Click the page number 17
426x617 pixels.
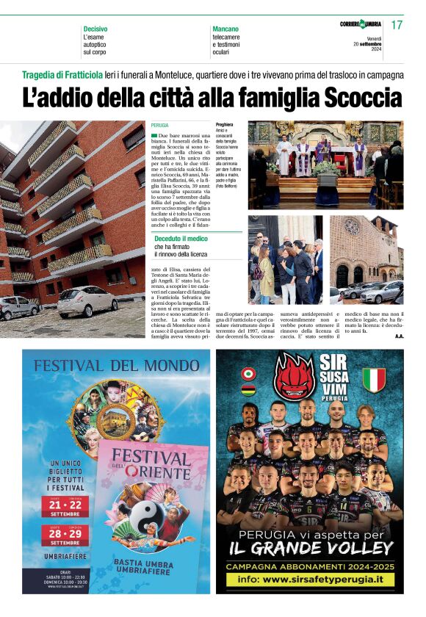[397, 25]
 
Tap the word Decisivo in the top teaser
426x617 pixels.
[95, 29]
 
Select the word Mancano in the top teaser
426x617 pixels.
[225, 29]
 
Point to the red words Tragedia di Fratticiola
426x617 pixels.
[62, 75]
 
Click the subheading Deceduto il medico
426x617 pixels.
[181, 239]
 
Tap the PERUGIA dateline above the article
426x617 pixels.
[159, 126]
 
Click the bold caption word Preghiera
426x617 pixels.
[225, 125]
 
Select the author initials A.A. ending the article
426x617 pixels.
[399, 336]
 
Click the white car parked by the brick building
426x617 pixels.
[87, 302]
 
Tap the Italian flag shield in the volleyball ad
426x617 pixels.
[374, 379]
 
